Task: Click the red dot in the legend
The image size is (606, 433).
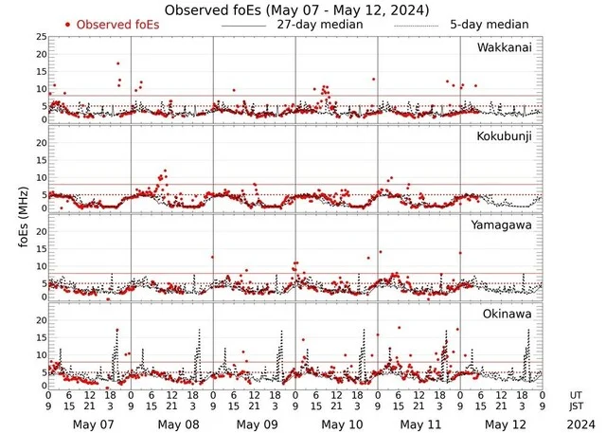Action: [x=68, y=25]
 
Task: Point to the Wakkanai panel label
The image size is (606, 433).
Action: [x=505, y=46]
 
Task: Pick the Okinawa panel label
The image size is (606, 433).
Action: [x=509, y=313]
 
